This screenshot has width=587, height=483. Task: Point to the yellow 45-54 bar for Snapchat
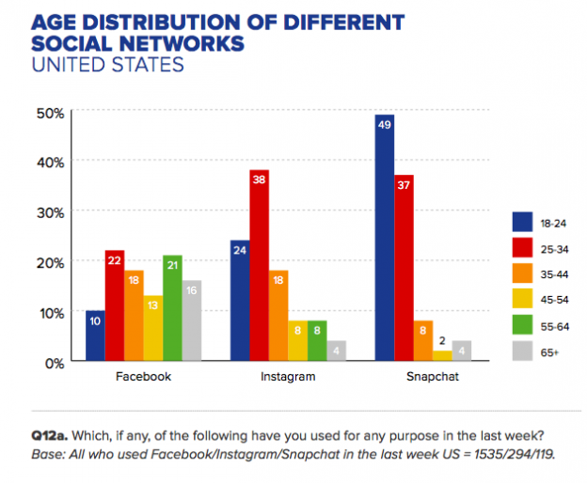441,355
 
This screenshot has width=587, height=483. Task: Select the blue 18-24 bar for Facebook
95,335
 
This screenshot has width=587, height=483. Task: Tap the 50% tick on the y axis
48,112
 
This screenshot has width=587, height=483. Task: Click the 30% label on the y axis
48,211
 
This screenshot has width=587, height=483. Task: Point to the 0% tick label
52,361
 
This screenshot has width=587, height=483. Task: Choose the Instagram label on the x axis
278,377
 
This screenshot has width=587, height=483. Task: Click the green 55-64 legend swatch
523,327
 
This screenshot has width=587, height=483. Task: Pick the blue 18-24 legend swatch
523,222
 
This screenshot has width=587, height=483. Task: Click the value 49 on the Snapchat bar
384,122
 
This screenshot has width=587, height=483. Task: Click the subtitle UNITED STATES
107,65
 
